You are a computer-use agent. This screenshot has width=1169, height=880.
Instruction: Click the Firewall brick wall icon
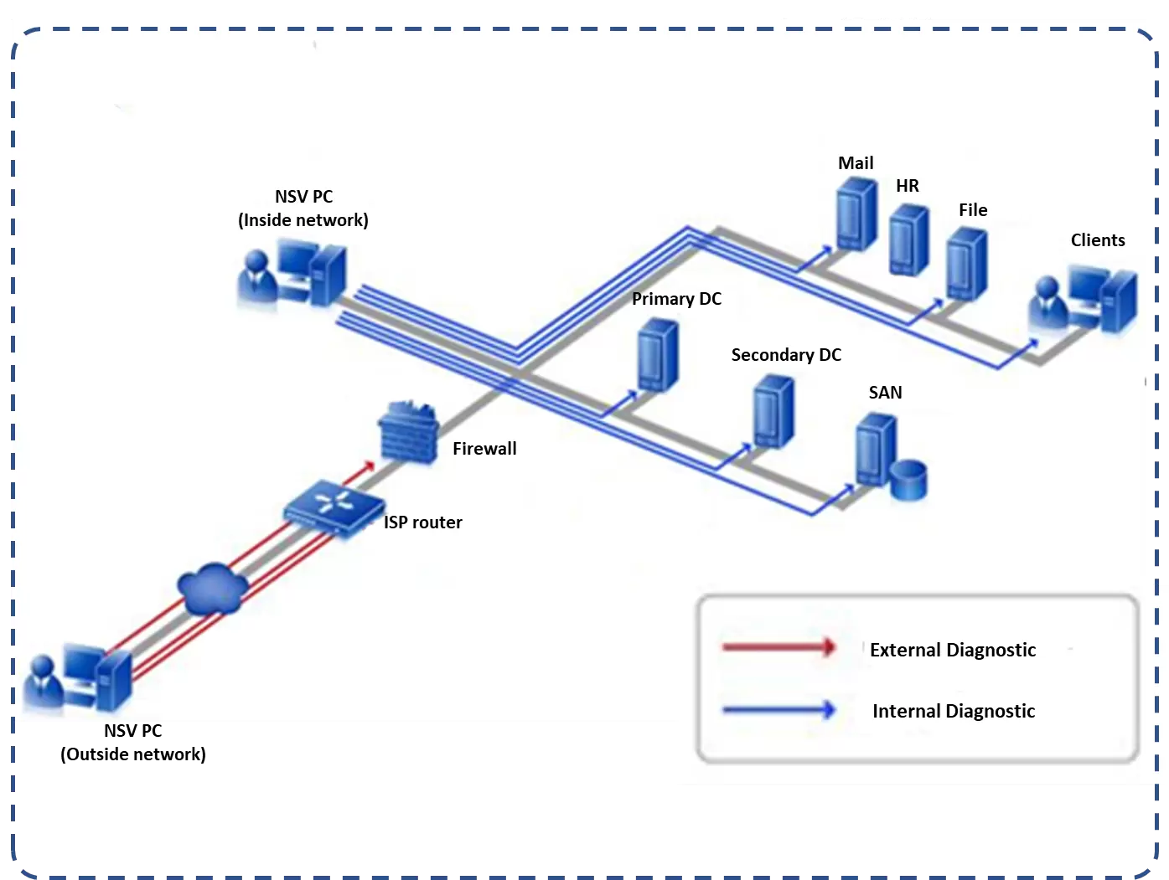408,432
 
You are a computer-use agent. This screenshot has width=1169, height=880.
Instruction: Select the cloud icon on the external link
213,588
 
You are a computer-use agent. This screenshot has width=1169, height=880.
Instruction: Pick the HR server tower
909,239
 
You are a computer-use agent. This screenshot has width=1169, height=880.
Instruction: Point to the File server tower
966,263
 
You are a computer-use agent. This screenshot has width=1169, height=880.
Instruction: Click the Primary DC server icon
658,357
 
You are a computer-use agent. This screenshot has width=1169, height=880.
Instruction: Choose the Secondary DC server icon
773,412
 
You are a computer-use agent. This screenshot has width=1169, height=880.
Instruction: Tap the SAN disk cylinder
908,480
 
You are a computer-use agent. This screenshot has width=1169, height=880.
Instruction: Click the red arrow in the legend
778,647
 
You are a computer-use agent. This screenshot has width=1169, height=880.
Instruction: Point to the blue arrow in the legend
778,710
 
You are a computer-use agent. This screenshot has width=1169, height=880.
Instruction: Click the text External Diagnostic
953,650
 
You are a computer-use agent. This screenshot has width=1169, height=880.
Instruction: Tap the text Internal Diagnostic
954,711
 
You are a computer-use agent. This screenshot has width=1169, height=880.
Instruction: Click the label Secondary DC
786,355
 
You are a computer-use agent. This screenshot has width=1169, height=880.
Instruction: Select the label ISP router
423,522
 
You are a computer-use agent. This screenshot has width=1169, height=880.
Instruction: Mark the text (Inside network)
303,220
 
